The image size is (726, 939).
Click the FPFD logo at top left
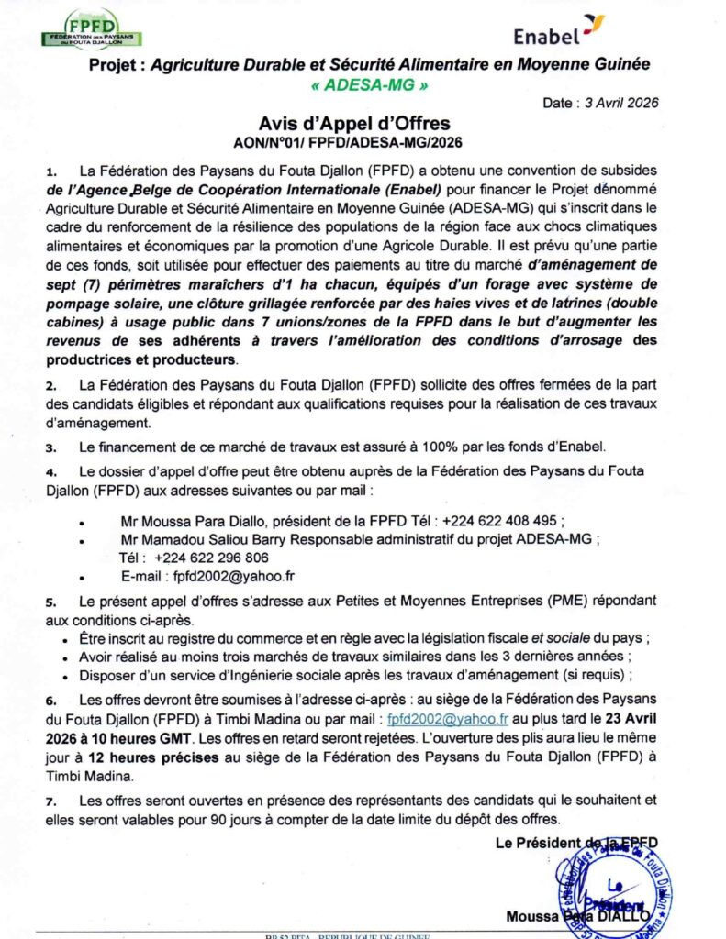(92, 29)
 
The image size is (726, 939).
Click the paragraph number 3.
(51, 447)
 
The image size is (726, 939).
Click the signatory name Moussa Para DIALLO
(577, 915)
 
